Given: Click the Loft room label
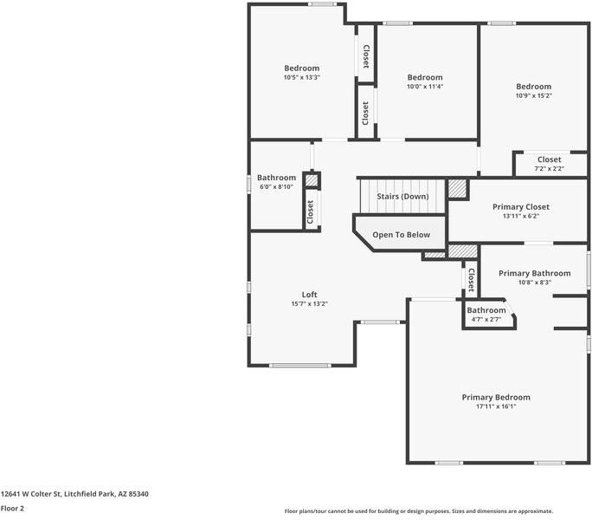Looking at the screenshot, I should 309,295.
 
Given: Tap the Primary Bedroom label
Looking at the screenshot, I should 495,397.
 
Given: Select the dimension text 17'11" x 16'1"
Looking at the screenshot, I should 495,406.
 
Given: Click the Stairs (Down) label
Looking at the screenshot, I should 402,196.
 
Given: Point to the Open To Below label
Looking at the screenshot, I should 401,235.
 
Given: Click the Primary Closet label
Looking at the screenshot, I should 520,207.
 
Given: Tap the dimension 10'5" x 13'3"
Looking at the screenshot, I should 301,78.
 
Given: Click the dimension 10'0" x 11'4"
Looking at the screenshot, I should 425,87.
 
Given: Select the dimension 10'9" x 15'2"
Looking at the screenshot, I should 533,95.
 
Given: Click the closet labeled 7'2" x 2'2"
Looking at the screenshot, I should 549,164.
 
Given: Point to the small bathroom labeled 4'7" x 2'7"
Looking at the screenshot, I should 486,315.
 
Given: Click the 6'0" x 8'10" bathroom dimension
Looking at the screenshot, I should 276,186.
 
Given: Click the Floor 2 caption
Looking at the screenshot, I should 12,509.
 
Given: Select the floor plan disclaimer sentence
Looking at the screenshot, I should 418,511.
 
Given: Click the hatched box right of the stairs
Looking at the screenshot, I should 457,189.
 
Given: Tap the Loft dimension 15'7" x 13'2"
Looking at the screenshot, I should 309,304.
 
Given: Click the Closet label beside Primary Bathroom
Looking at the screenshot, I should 471,279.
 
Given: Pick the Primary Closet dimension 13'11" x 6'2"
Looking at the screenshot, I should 520,217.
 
